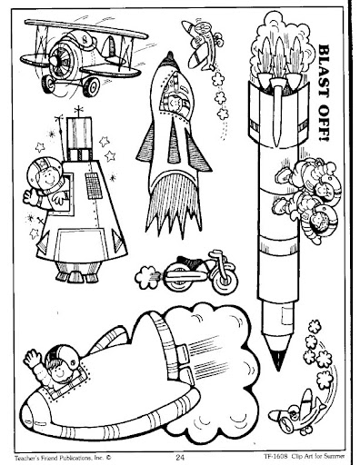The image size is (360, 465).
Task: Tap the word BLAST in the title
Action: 324,69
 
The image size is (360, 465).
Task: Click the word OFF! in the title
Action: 324,122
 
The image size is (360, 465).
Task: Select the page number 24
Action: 180,457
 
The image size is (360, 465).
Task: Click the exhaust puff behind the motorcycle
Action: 147,277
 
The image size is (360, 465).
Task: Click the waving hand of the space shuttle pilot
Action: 32,358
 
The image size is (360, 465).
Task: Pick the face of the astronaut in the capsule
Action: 48,178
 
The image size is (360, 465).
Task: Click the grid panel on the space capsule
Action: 94,185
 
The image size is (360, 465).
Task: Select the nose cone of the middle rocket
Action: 169,61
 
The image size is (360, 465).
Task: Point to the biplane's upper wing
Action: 86,29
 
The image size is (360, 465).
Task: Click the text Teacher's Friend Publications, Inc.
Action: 61,457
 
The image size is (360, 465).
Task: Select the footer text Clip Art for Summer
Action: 318,456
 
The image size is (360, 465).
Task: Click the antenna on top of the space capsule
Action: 79,111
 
